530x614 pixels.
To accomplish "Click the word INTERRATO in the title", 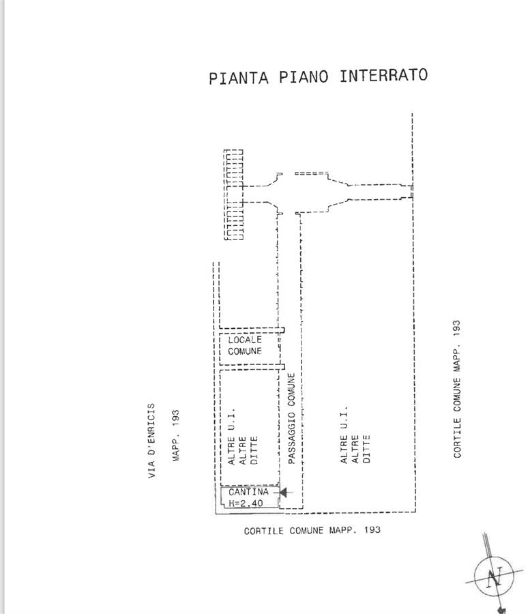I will pyautogui.click(x=383, y=76).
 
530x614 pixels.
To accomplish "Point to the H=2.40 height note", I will pyautogui.click(x=246, y=503).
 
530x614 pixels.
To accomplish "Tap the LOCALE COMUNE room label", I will pyautogui.click(x=245, y=345).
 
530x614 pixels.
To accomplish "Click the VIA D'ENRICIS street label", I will pyautogui.click(x=151, y=440).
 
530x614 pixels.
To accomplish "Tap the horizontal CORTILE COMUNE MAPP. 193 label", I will pyautogui.click(x=312, y=530).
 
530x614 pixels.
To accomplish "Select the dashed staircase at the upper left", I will pyautogui.click(x=234, y=194).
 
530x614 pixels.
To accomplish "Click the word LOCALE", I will pyautogui.click(x=245, y=339).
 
